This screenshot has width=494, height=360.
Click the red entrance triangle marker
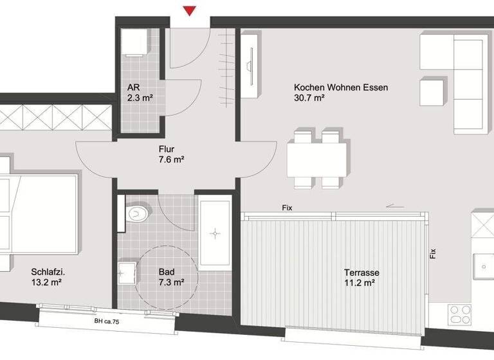(x=189, y=11)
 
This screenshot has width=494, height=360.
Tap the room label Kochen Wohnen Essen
(x=341, y=87)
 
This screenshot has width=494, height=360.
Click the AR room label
(x=134, y=88)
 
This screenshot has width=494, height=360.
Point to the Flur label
(x=167, y=150)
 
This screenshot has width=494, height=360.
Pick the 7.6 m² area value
(x=172, y=161)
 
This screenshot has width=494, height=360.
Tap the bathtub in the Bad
(x=215, y=235)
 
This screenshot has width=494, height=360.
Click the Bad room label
(x=166, y=272)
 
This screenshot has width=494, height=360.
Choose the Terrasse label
(x=361, y=273)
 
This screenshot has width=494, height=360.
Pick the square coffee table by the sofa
(x=432, y=92)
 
